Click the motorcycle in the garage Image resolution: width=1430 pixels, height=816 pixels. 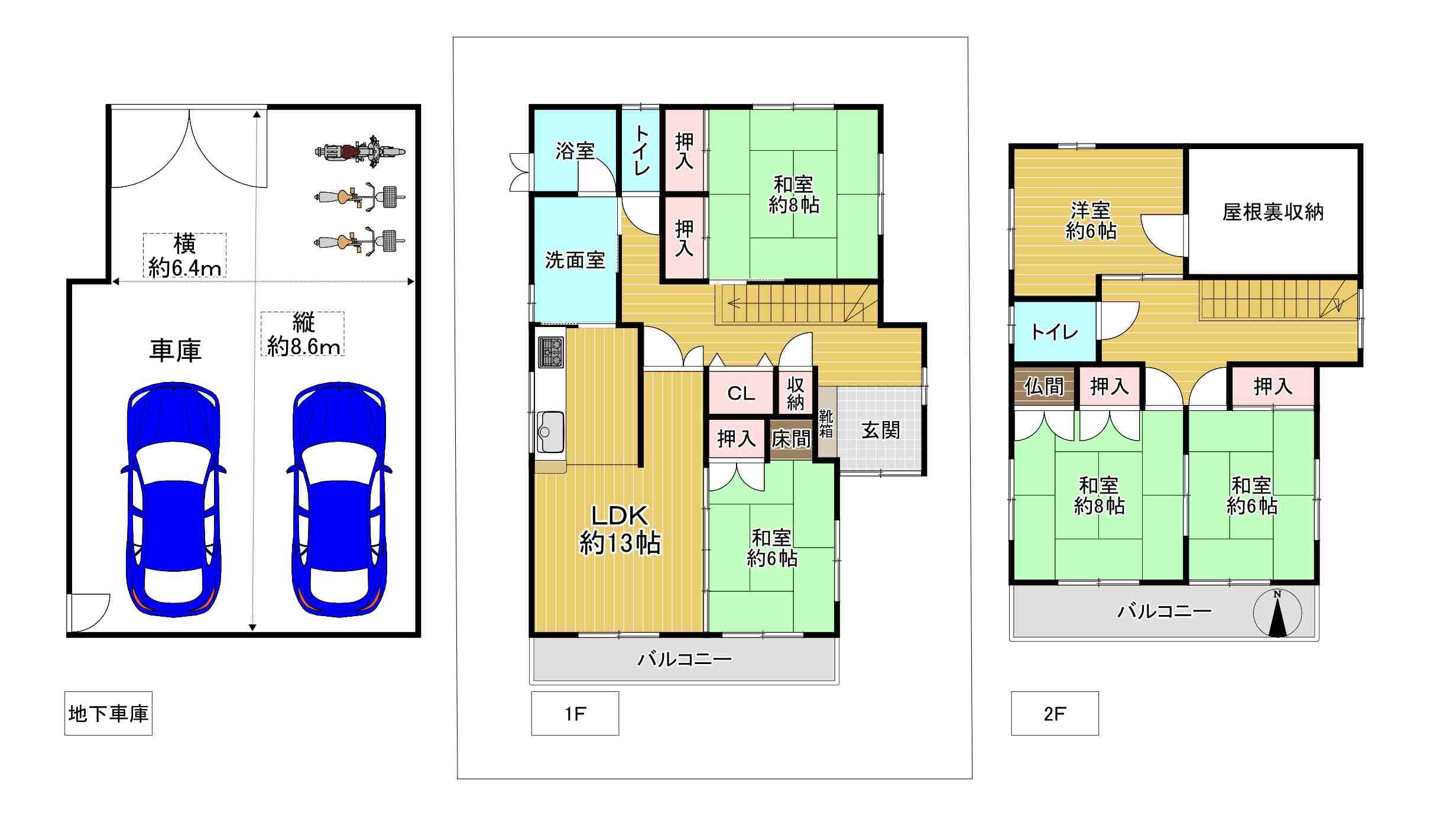click(x=360, y=152)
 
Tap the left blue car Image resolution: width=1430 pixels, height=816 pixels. click(x=173, y=499)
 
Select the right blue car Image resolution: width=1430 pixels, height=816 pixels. click(x=339, y=499)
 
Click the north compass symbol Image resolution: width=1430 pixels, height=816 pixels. click(x=1277, y=613)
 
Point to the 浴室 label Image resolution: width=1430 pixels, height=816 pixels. click(x=575, y=151)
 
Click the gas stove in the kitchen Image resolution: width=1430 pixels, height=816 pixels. click(x=551, y=352)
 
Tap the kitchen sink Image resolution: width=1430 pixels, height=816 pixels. click(x=550, y=432)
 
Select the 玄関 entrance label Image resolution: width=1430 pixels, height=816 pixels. click(x=881, y=430)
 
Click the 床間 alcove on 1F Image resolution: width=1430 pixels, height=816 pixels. click(x=791, y=439)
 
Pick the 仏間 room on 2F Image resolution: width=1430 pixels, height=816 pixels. click(x=1044, y=387)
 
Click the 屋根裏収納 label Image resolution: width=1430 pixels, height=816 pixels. click(x=1273, y=212)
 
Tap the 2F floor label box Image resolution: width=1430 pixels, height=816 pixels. click(x=1055, y=713)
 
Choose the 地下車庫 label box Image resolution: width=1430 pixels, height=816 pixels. click(x=108, y=713)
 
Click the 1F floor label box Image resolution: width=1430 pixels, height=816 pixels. click(x=575, y=713)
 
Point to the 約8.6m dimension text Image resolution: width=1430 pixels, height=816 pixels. click(x=304, y=346)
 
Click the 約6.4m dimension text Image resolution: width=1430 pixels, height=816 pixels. click(x=185, y=268)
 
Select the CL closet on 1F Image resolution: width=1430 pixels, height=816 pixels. click(x=741, y=393)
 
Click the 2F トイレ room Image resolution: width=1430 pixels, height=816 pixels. click(x=1055, y=332)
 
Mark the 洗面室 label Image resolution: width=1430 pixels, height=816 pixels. click(x=575, y=260)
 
